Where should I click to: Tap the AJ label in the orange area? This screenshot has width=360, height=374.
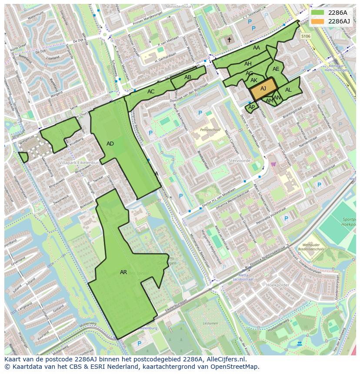[263, 89]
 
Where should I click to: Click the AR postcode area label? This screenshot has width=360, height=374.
[123, 272]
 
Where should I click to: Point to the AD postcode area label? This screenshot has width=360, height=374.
[110, 144]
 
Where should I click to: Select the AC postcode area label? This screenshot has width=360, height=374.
[151, 92]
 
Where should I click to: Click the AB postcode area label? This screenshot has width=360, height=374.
[188, 77]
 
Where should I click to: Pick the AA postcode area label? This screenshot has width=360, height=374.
[257, 48]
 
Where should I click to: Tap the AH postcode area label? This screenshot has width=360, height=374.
[248, 64]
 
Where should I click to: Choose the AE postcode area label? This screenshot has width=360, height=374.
[276, 69]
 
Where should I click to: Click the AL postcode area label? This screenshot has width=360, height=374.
[288, 90]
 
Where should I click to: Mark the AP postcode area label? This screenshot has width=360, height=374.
[251, 107]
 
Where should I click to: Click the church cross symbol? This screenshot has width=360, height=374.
[229, 40]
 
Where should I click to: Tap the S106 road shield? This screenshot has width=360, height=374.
[306, 36]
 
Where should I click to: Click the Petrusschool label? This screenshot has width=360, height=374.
[210, 130]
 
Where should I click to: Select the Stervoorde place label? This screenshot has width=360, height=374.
[240, 160]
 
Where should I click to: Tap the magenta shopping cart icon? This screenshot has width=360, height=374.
[273, 164]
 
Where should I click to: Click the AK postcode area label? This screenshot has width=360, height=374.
[254, 80]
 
